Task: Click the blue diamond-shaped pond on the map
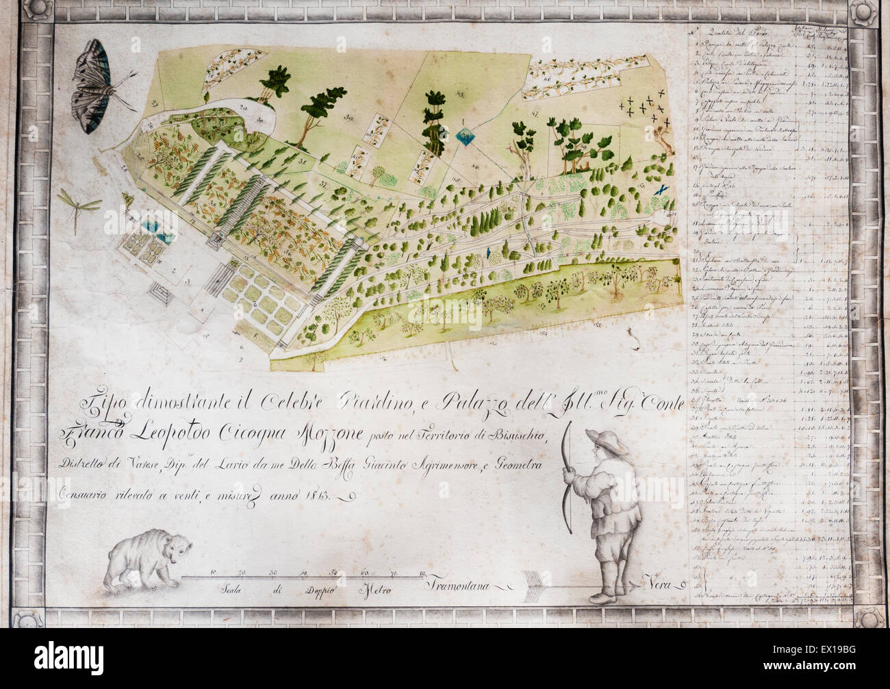[466, 139]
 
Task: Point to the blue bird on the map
[662, 187]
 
